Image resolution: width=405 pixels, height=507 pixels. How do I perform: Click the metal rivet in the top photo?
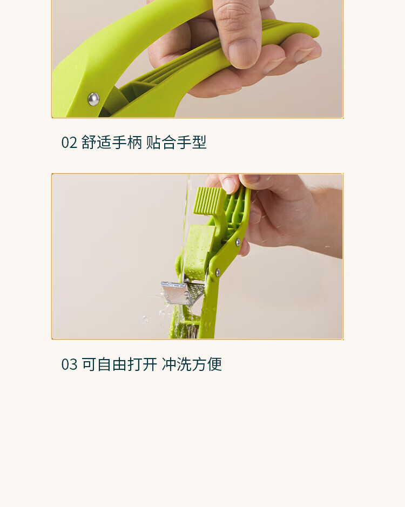point(94,99)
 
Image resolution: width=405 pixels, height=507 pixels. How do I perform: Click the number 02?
point(69,143)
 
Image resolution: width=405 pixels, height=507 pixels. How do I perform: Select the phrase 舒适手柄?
point(112,142)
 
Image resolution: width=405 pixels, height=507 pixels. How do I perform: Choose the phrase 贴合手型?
point(176,142)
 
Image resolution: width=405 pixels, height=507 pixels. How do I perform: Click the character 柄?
point(134,142)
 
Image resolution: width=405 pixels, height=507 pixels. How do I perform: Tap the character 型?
point(199,142)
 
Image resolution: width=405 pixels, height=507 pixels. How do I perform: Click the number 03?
point(69,364)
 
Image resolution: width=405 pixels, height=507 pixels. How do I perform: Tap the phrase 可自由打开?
point(119,364)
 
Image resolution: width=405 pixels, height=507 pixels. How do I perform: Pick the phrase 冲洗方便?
point(192,364)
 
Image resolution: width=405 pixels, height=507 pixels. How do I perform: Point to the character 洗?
point(184,364)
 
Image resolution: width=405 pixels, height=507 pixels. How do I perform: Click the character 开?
point(150,364)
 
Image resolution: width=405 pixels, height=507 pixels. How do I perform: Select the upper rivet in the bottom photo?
point(238,241)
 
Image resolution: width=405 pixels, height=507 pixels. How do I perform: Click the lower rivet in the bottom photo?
point(218,272)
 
